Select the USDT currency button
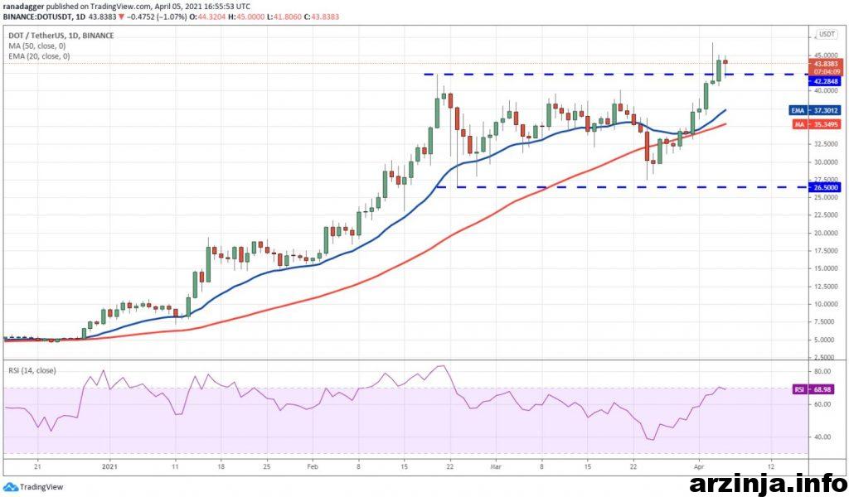827,35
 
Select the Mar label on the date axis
495,466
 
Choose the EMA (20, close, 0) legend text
38,56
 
